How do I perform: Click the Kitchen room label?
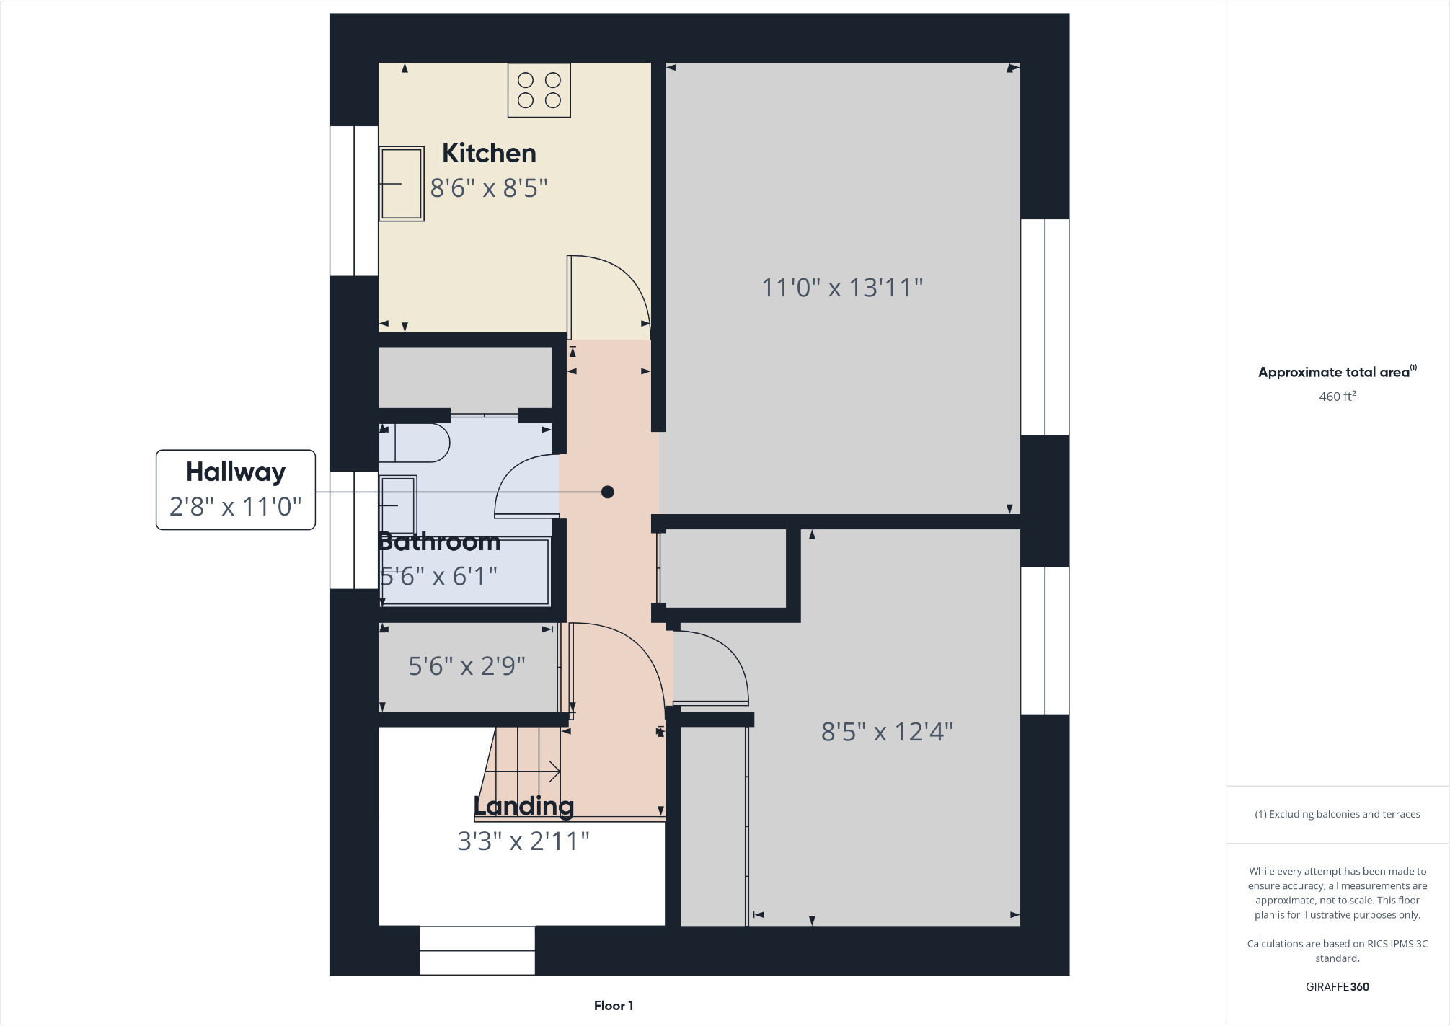click(x=489, y=153)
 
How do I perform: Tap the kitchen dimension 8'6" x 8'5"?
click(x=489, y=188)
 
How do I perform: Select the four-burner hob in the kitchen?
click(x=539, y=90)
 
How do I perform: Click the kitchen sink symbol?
click(x=401, y=183)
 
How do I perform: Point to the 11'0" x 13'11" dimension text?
click(x=842, y=288)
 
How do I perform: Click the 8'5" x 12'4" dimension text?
click(x=887, y=732)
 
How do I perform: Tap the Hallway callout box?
click(x=236, y=490)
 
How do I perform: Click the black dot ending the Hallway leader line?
click(x=607, y=492)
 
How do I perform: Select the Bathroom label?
click(x=438, y=541)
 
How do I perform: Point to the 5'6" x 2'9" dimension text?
click(x=467, y=665)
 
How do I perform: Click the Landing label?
click(x=523, y=805)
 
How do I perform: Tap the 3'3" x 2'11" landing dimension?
click(x=523, y=841)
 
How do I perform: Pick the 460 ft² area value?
click(x=1337, y=396)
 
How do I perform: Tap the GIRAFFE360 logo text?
click(x=1337, y=986)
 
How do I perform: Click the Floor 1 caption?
click(x=614, y=1005)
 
